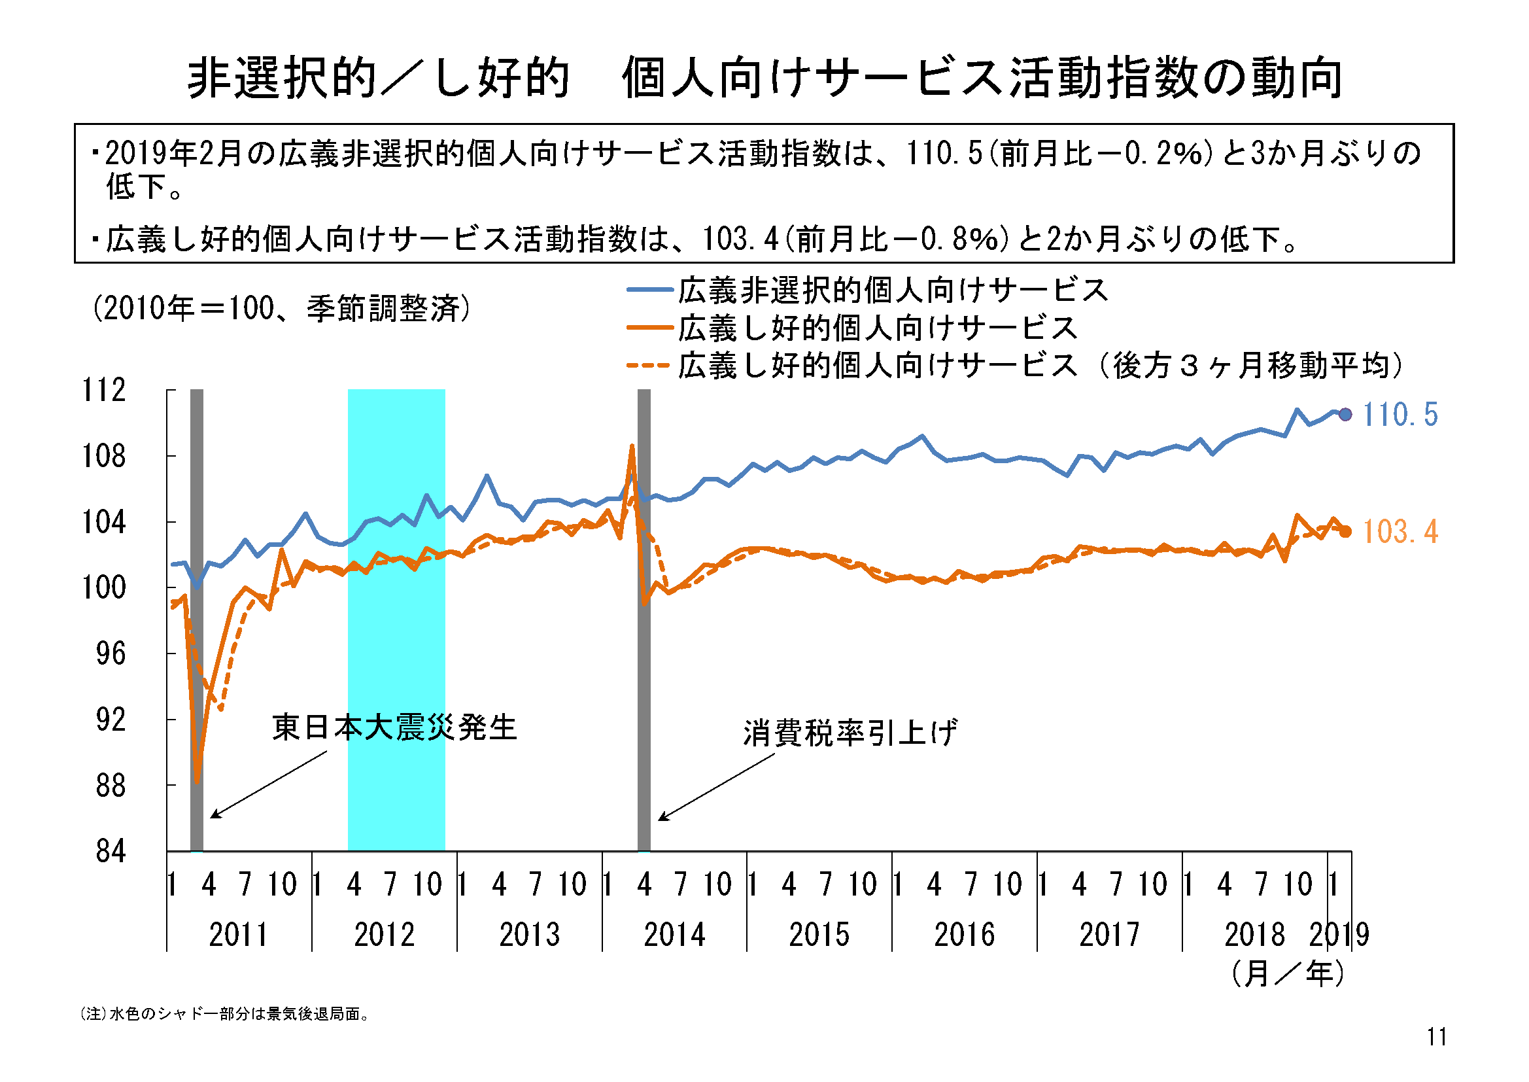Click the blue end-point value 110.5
point(1400,415)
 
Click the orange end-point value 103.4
point(1400,532)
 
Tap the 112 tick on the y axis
point(104,391)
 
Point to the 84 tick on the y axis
point(111,852)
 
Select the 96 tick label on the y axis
point(111,654)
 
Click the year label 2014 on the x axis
point(674,935)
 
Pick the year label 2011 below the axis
point(239,935)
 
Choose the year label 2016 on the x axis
point(964,935)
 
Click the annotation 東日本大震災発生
point(394,727)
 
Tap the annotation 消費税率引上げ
point(850,733)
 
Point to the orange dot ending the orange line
point(1345,532)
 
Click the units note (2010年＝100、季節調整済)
point(282,309)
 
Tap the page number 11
point(1437,1038)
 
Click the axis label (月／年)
point(1287,974)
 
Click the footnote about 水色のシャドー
point(225,1014)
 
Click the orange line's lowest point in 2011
point(197,781)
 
